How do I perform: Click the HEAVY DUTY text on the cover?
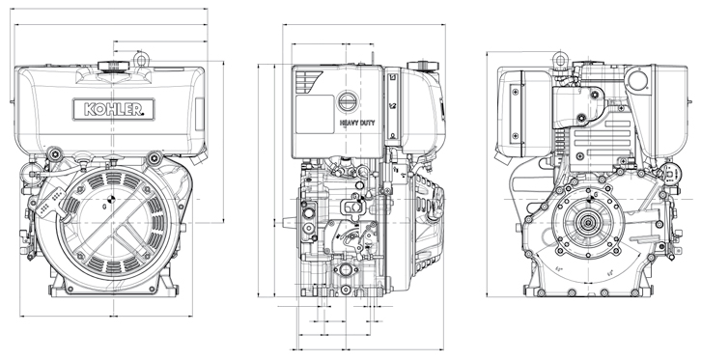(356, 124)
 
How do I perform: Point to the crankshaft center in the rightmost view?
(586, 220)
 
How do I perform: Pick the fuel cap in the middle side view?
(422, 67)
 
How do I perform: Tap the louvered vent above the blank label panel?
(309, 78)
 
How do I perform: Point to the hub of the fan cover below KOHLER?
(107, 204)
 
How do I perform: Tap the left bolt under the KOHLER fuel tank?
(53, 154)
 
